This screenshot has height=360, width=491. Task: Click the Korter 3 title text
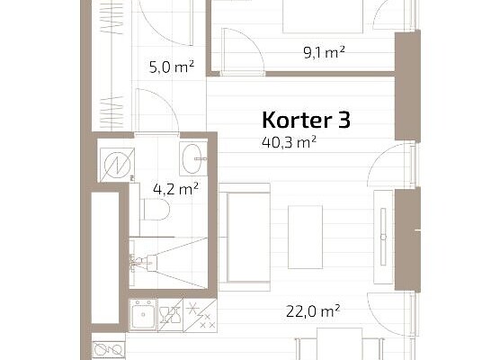[x=306, y=120]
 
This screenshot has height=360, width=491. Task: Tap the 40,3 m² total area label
[x=289, y=142]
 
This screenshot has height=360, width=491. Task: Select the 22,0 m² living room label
[x=313, y=311]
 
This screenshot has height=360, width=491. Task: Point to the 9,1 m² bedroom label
[x=324, y=52]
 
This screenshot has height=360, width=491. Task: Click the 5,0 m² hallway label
[x=172, y=67]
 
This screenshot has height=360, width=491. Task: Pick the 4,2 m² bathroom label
[x=175, y=189]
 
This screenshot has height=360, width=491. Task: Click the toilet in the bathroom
[x=156, y=209]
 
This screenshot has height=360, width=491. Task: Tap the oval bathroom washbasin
[x=192, y=159]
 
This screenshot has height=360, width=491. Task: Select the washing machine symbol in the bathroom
[x=117, y=165]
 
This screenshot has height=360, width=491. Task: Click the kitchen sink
[x=143, y=314]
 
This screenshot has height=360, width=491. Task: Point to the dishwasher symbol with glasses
[x=170, y=315]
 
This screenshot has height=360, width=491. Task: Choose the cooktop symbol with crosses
[x=201, y=315]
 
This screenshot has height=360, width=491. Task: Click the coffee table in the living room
[x=306, y=237]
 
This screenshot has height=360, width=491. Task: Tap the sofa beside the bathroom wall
[x=245, y=238]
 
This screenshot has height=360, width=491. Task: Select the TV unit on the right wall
[x=383, y=237]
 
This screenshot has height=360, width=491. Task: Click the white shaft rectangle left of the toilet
[x=105, y=257]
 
